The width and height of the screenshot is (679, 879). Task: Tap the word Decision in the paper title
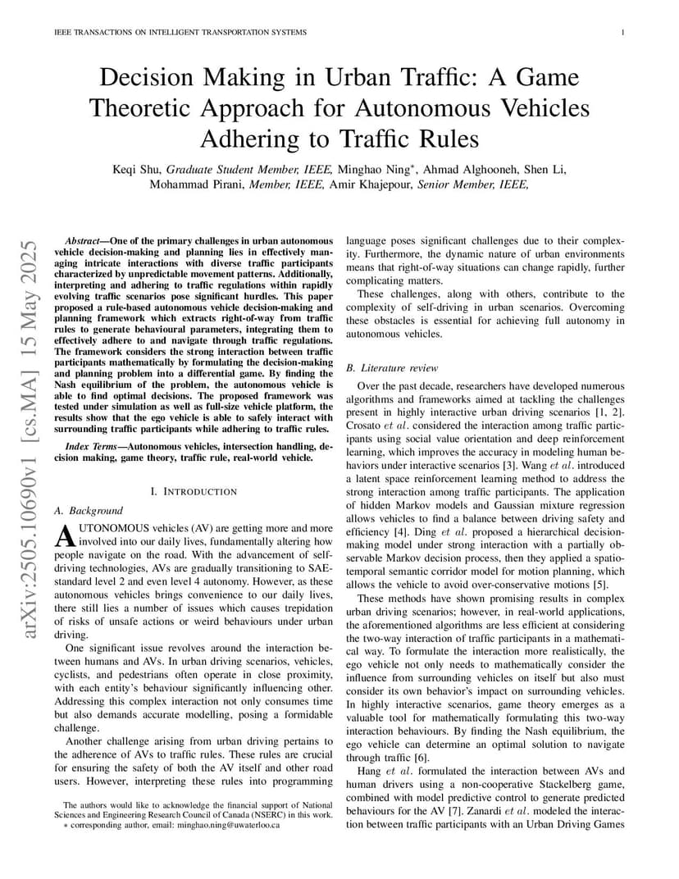(x=146, y=79)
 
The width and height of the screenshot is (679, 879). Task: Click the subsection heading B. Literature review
(x=392, y=368)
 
